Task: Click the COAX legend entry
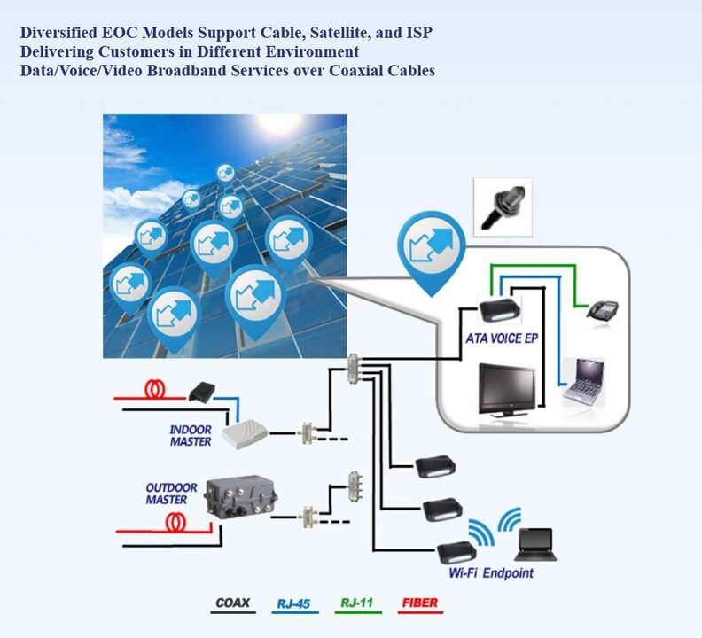(233, 604)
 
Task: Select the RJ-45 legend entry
(293, 604)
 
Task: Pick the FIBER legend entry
(420, 604)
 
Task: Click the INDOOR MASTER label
(191, 435)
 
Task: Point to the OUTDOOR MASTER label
(167, 494)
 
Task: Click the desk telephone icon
(603, 309)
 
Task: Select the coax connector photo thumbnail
(503, 206)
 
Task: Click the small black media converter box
(205, 389)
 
